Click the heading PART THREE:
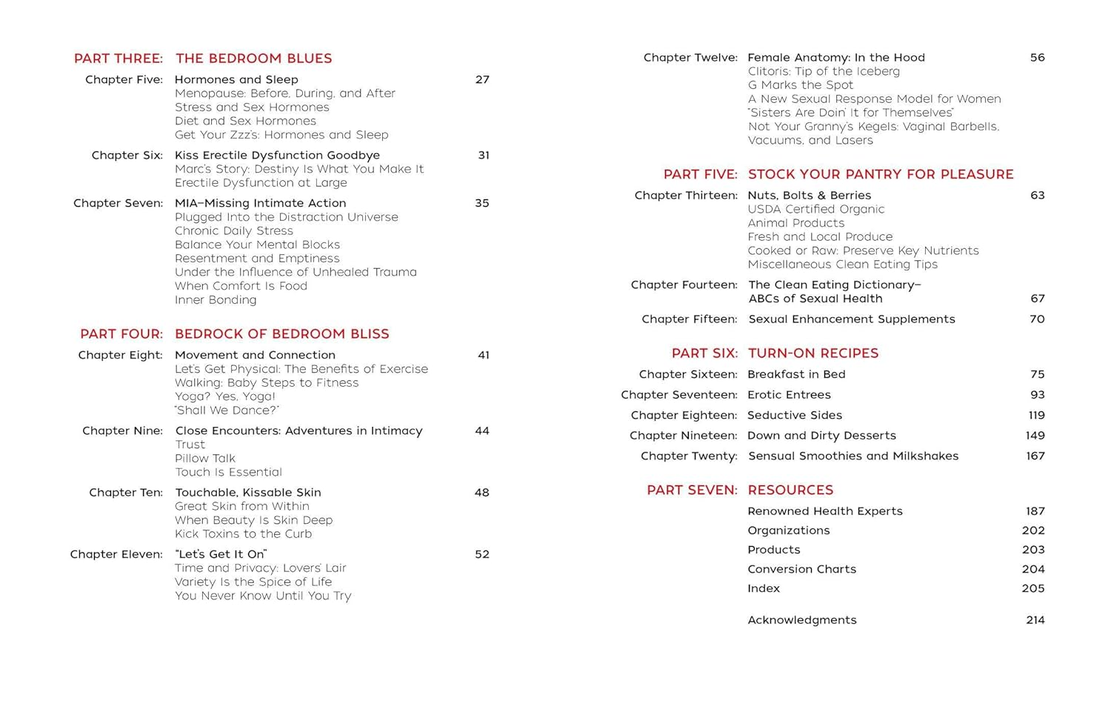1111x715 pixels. click(x=118, y=59)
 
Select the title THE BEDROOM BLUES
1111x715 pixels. click(x=253, y=59)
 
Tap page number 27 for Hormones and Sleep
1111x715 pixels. click(x=482, y=80)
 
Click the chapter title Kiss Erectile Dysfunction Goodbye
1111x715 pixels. click(x=277, y=156)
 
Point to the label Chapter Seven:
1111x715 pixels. click(x=118, y=203)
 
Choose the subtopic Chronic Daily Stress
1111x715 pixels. click(x=234, y=231)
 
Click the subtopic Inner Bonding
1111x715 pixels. click(x=216, y=300)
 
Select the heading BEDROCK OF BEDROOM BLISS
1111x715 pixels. click(x=281, y=334)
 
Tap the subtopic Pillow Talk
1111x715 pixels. click(x=205, y=459)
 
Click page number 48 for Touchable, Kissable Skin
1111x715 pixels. click(x=481, y=493)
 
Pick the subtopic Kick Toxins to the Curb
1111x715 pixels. click(x=243, y=534)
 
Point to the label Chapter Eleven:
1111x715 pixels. click(x=116, y=554)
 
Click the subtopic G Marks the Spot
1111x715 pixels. click(x=800, y=85)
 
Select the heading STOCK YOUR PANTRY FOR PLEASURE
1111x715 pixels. click(x=881, y=175)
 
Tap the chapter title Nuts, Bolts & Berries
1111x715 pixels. click(x=809, y=196)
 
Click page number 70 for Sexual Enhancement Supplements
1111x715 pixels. click(x=1037, y=319)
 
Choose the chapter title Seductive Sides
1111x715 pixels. click(x=794, y=416)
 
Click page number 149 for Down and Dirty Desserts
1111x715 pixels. click(x=1035, y=436)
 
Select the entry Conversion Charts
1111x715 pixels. click(x=801, y=569)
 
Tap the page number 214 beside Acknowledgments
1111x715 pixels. click(x=1035, y=620)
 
